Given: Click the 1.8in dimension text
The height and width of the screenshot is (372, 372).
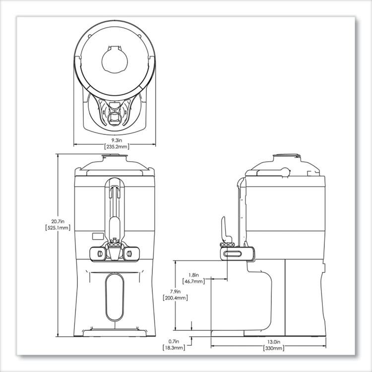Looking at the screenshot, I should pyautogui.click(x=194, y=274).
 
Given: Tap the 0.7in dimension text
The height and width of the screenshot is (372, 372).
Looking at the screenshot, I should pyautogui.click(x=174, y=342).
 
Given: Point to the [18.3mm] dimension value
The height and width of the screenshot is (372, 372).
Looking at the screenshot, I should pyautogui.click(x=174, y=348).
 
